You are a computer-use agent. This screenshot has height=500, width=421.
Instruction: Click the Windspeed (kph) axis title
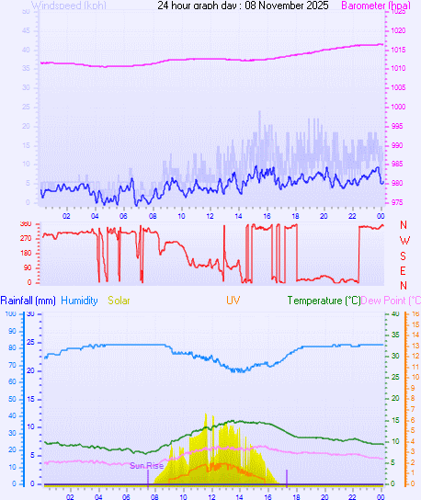click(x=69, y=6)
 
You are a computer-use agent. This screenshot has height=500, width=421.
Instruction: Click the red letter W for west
click(x=404, y=241)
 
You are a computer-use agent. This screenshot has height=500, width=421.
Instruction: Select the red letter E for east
click(x=404, y=270)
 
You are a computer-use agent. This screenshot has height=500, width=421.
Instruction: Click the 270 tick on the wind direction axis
click(x=25, y=238)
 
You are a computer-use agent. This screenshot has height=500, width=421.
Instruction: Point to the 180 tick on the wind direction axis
click(x=25, y=253)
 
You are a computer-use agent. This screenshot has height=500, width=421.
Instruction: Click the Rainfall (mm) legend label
click(x=28, y=301)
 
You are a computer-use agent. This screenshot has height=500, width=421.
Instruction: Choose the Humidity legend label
click(x=82, y=301)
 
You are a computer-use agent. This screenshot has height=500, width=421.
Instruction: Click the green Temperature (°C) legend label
click(x=324, y=301)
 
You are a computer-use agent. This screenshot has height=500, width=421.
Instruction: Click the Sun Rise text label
click(x=146, y=466)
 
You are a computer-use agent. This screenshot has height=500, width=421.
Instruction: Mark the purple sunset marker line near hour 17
click(x=287, y=476)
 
